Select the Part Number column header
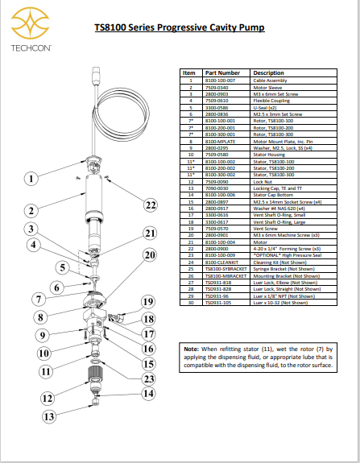[221, 72]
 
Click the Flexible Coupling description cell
[274, 100]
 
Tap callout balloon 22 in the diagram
[151, 205]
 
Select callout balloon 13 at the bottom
[49, 416]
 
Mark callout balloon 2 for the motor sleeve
[31, 211]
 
